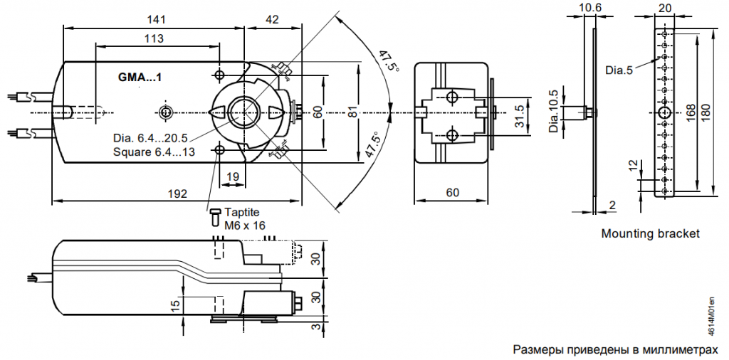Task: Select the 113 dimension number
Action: coord(154,38)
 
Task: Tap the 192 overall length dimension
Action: coord(177,193)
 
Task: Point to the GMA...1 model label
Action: coord(140,77)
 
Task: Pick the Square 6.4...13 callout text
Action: coord(154,152)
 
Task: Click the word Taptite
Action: coord(242,212)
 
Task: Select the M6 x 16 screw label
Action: coord(245,225)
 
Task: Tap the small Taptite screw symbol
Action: coord(215,216)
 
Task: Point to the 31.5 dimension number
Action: coord(519,113)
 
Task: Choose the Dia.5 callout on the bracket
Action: coord(619,70)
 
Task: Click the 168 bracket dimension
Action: coord(690,113)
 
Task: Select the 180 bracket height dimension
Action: coord(706,113)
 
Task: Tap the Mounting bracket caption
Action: coord(650,233)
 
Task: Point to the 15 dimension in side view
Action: coord(174,305)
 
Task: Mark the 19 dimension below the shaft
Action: coord(232,176)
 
